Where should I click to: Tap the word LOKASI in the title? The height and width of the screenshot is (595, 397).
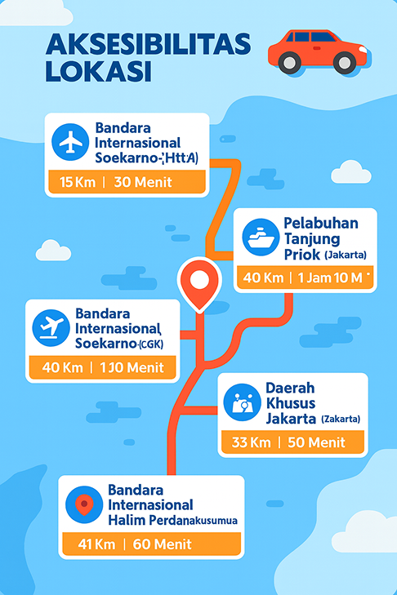coord(98,71)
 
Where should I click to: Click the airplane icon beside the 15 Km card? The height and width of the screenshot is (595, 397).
coord(69,142)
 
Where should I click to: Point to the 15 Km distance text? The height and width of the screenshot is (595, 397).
coord(78,182)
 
